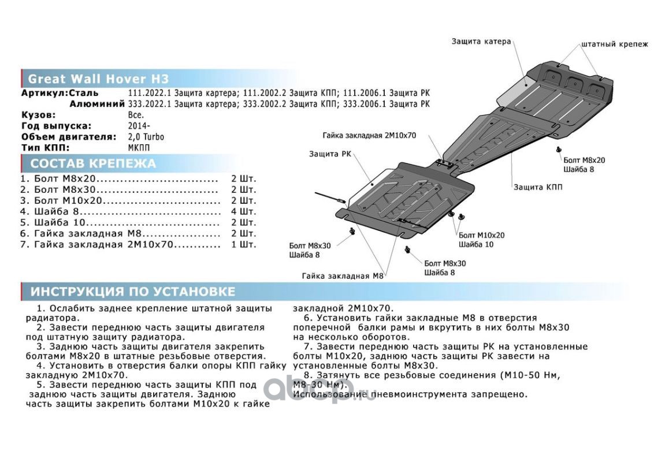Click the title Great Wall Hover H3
coord(98,79)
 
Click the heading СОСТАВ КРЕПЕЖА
coord(93,163)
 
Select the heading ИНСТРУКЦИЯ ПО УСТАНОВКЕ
coord(133,291)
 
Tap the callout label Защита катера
coord(481,42)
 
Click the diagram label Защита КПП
coord(537,187)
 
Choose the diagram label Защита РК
coord(329,154)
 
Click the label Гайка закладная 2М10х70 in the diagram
coord(369,136)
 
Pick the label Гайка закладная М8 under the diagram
coord(343,276)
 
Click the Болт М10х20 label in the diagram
coord(481,236)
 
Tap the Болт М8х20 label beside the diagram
coord(584,160)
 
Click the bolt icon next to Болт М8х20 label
coord(559,150)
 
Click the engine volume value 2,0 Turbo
coord(146,137)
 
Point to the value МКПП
coord(139,148)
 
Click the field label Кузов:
coord(39,115)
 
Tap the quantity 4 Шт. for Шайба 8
coord(243,211)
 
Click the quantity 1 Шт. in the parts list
coord(243,244)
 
